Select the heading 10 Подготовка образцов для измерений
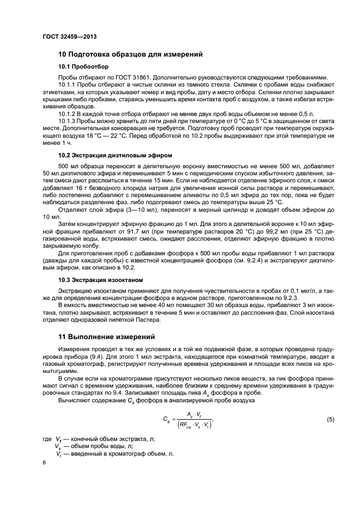pos(131,54)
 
